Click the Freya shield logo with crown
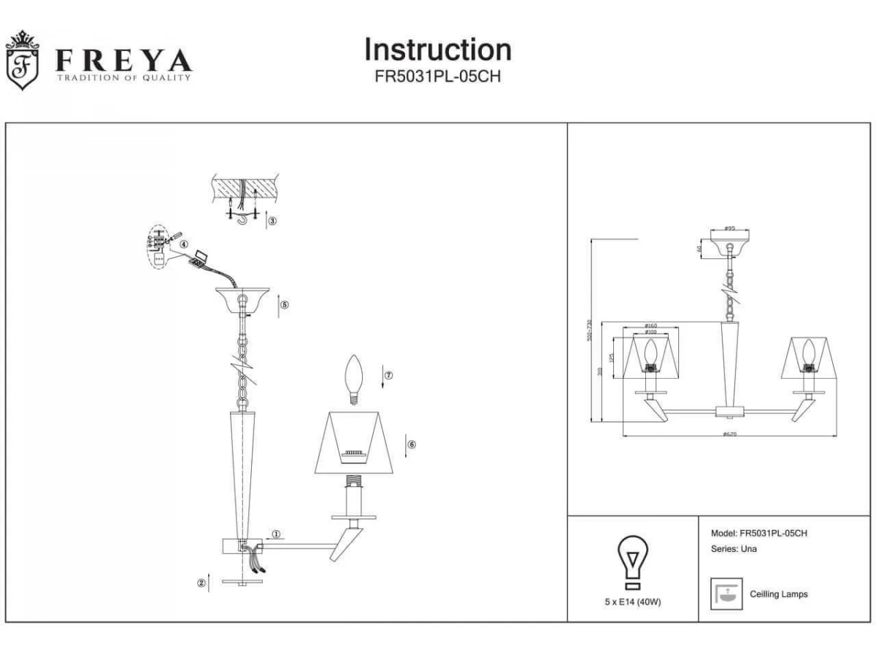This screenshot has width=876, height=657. pos(21,61)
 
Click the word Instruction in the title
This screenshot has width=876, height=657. pos(437,50)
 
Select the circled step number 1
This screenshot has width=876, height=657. pos(277,534)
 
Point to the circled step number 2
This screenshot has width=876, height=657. pos(201,583)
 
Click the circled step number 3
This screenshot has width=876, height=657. pos(272,220)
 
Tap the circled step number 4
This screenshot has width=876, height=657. pos(185,245)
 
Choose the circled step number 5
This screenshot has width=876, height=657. pos(285,304)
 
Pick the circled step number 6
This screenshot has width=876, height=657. pos(412,444)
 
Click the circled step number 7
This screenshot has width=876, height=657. pos(388,375)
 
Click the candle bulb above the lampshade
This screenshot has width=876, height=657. pos(356,379)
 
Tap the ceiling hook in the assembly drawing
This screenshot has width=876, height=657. pos(243,217)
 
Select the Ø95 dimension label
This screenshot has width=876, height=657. pos(729,229)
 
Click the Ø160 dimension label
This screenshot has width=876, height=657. pos(650,326)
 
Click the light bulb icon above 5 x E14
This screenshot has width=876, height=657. pos(633,562)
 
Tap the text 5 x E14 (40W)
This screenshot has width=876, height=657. pos(633,602)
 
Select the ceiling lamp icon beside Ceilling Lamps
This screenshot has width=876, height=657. pos(727,594)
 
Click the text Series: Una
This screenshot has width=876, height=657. pos(733,549)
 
